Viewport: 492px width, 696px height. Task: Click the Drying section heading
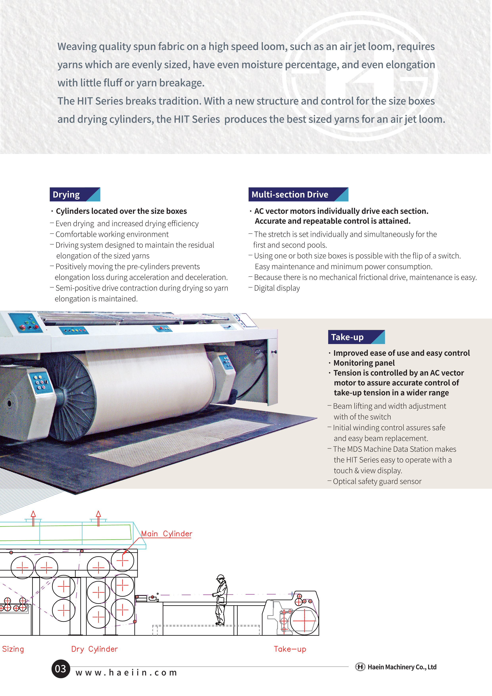75,194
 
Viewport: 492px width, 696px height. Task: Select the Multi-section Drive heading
298,194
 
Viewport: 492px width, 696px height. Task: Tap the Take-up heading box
356,337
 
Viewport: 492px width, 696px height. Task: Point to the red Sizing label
13,649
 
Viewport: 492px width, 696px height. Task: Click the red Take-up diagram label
290,649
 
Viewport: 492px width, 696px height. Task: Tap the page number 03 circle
61,669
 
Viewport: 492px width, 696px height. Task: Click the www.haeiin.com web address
126,673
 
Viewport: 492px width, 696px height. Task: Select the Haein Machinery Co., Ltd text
402,667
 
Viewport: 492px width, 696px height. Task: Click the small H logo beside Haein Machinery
360,667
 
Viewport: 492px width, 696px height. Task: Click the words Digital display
277,288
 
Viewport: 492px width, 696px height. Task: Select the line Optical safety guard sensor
377,481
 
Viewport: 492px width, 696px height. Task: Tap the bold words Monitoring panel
364,363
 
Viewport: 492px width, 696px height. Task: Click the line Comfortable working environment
112,234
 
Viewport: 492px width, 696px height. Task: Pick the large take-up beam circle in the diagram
304,621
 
